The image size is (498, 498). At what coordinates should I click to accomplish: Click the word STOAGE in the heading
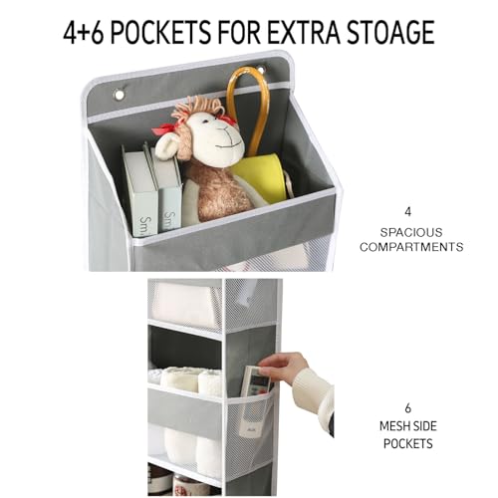click(x=390, y=32)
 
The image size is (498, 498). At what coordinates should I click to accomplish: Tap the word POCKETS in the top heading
click(x=160, y=32)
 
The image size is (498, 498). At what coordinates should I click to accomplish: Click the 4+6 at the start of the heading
click(x=84, y=32)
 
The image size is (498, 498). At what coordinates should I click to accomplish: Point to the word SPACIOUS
click(x=411, y=232)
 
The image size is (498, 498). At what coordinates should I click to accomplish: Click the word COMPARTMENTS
click(x=411, y=247)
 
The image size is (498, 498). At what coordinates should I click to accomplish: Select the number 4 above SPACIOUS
click(x=408, y=212)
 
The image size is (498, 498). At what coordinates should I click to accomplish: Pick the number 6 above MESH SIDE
click(x=408, y=408)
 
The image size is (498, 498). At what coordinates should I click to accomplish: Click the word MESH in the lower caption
click(x=394, y=426)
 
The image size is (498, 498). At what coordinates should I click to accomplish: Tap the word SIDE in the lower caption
click(x=425, y=426)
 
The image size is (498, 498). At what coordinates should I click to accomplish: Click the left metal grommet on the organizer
click(x=119, y=96)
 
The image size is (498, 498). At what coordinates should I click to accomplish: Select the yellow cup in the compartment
click(x=261, y=177)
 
